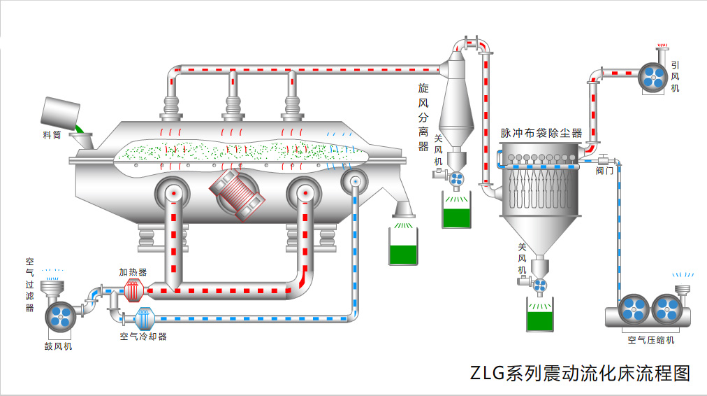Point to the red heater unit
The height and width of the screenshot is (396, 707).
click(x=133, y=290)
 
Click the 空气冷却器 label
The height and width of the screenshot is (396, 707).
click(x=143, y=337)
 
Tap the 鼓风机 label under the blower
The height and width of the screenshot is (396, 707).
click(x=58, y=346)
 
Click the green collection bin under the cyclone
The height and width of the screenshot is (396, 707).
click(x=457, y=213)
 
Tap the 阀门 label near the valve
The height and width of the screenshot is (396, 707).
click(x=605, y=170)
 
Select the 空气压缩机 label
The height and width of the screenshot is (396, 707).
click(x=650, y=340)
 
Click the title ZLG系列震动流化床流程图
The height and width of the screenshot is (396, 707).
click(x=580, y=373)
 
